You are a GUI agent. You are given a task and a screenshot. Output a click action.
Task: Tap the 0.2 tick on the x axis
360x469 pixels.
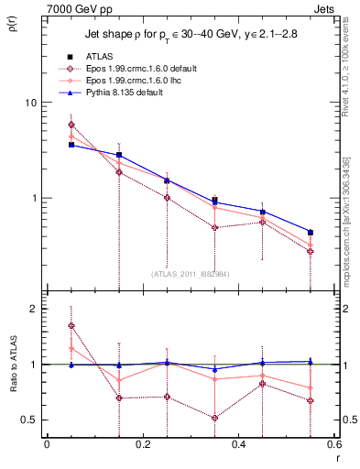[x=142, y=446]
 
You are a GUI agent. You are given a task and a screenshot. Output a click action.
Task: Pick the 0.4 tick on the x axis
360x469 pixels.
[x=238, y=446]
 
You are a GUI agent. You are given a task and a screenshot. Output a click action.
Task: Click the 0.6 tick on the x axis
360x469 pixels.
[x=333, y=446]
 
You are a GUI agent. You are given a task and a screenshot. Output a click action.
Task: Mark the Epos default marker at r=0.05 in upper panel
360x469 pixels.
[x=71, y=125]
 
